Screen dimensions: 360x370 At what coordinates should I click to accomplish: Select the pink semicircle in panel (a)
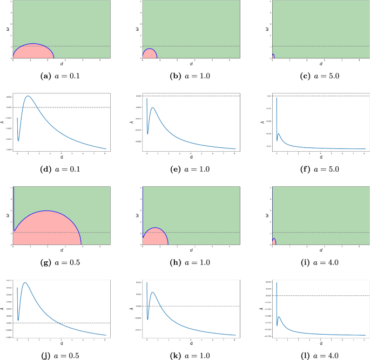[32, 52]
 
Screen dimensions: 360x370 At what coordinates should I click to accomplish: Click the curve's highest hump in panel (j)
[25, 282]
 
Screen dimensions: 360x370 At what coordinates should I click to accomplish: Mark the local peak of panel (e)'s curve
[153, 107]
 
